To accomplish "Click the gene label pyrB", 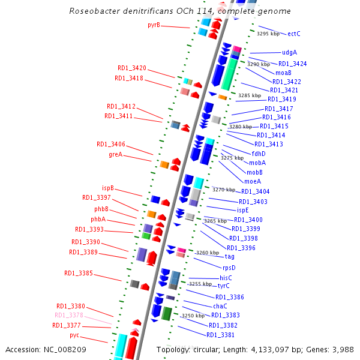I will (x=154, y=25).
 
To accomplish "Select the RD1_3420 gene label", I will (x=131, y=68).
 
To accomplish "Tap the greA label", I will (x=115, y=154).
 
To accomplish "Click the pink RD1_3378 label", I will (x=68, y=315).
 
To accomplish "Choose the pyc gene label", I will (x=74, y=335).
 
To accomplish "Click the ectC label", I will (x=294, y=34).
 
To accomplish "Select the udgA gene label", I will (x=289, y=53).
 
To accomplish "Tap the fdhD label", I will (x=259, y=153).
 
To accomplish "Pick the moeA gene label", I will (x=252, y=181).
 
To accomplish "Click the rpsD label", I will (x=229, y=268).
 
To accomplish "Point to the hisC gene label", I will (x=226, y=278).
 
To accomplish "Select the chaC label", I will (x=220, y=306).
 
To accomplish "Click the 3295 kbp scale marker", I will (x=268, y=34).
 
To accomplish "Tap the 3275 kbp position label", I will (x=232, y=158).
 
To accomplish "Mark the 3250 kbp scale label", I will (x=193, y=316).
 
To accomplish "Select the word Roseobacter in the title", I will (x=96, y=11).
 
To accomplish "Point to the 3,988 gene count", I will (x=343, y=349).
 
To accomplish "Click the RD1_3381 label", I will (x=220, y=335).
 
